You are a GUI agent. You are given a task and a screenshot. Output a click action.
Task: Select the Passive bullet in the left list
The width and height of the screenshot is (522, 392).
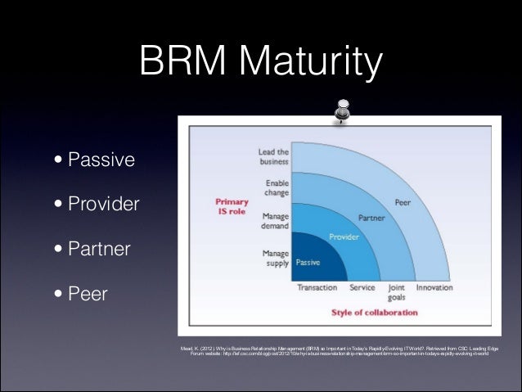pos(101,159)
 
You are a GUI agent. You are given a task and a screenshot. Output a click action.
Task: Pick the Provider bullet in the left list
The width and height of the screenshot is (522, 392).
pos(104,203)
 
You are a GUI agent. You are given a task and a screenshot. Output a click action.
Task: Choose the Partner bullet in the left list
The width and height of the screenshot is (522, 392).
pos(99,247)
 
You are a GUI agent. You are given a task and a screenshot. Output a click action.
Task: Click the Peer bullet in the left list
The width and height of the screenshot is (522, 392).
pos(88,291)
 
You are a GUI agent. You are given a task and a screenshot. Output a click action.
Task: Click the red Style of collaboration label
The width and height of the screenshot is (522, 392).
pos(374,313)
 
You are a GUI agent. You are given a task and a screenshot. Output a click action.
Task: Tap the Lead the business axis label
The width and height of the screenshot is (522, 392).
pos(272,156)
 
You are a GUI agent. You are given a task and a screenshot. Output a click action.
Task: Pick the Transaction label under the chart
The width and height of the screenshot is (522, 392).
pos(317,288)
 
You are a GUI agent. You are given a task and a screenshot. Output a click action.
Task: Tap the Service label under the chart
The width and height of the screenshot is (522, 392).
pos(362,288)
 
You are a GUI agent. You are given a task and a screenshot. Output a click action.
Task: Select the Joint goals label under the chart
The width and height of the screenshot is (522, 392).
pos(397,293)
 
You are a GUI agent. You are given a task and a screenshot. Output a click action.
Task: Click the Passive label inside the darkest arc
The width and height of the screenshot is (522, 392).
pos(308,262)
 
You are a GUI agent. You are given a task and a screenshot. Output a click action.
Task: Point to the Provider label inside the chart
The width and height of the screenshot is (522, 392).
pos(344,237)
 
